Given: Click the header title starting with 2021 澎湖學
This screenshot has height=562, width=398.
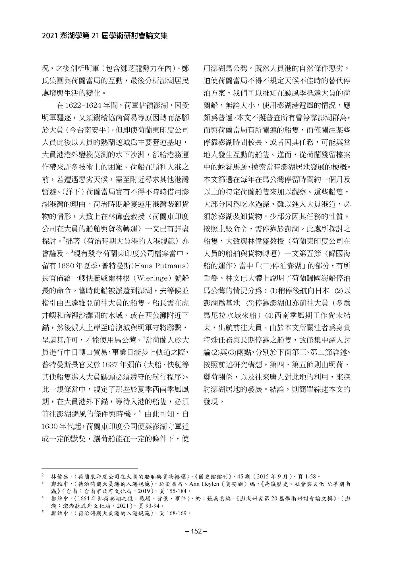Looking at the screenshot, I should pyautogui.click(x=105, y=36).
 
